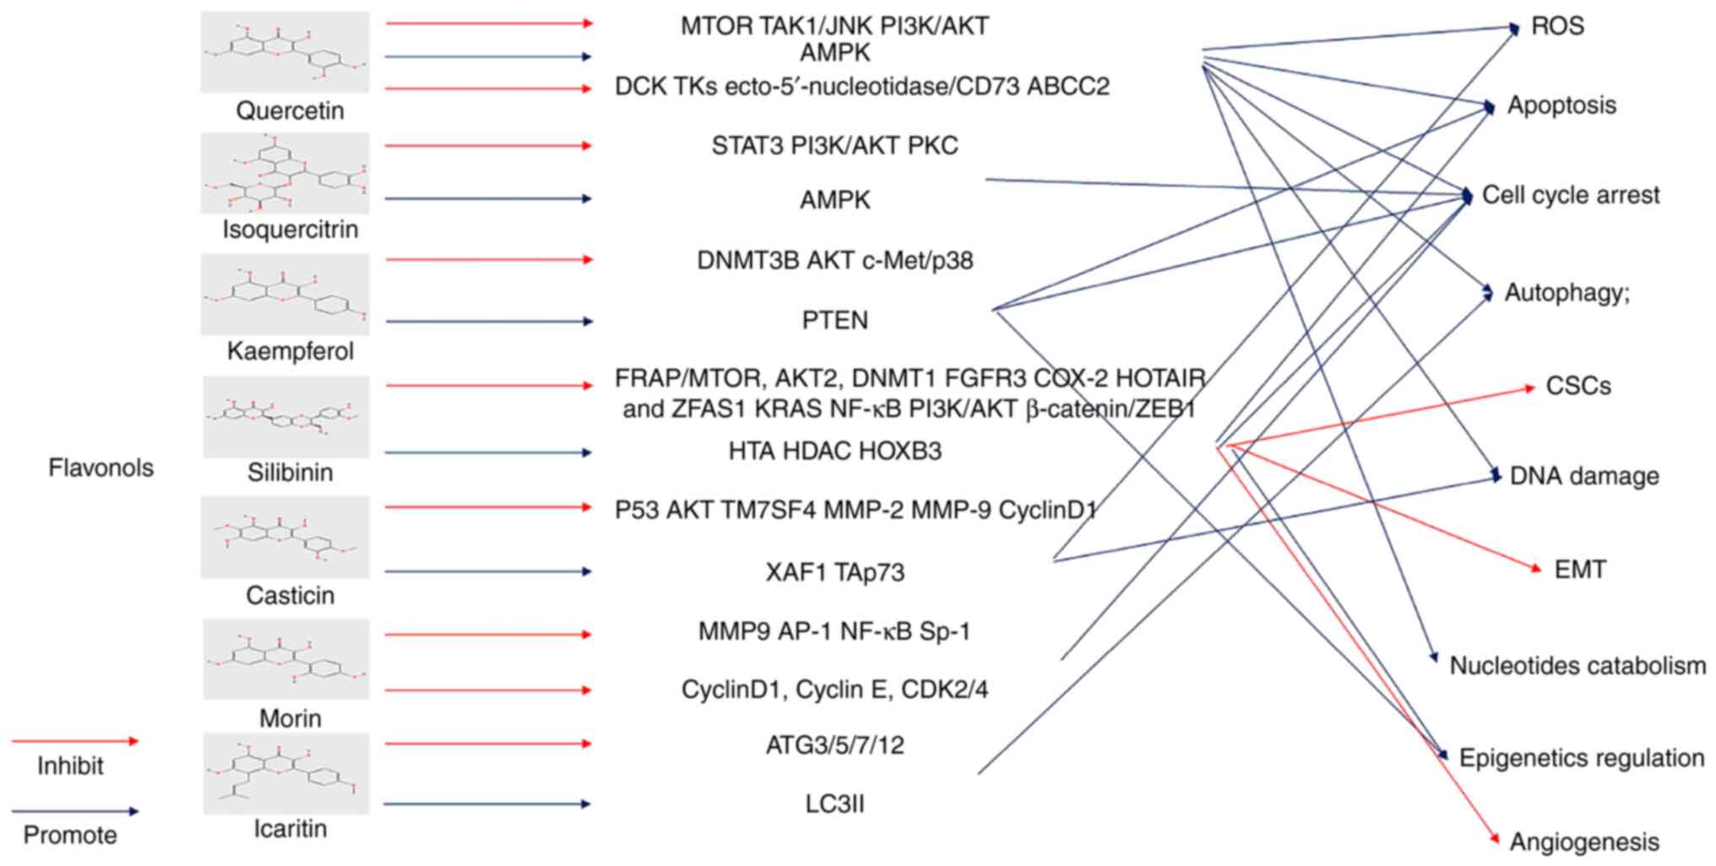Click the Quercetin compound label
(x=290, y=111)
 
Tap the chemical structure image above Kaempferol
(x=285, y=295)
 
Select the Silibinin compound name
(x=290, y=473)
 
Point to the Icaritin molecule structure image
(x=285, y=773)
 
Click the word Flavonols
(x=100, y=468)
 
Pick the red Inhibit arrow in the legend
(x=75, y=741)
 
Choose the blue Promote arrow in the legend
(x=75, y=812)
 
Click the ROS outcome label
(x=1557, y=26)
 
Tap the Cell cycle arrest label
(x=1571, y=195)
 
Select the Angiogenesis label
(x=1584, y=842)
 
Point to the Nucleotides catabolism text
(x=1578, y=666)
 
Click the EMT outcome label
(x=1580, y=570)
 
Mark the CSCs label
(x=1578, y=386)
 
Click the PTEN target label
(x=834, y=321)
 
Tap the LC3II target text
(x=834, y=804)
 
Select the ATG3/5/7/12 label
(x=834, y=744)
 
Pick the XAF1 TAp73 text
(x=834, y=572)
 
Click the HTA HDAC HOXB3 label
(x=834, y=451)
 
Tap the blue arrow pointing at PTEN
(x=490, y=321)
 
